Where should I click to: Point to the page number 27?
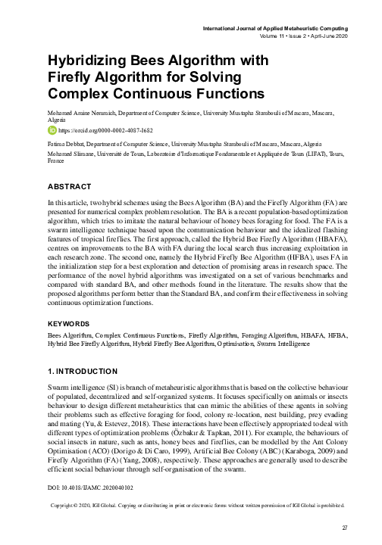tap(343, 527)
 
